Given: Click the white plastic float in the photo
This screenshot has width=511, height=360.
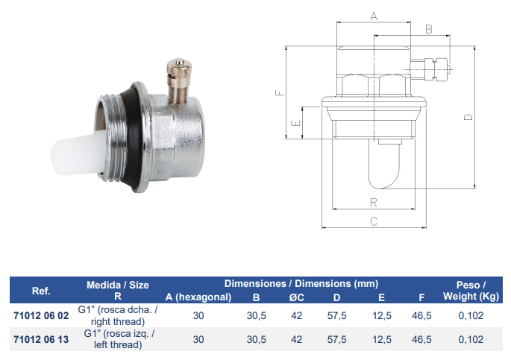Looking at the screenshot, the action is pyautogui.click(x=77, y=152).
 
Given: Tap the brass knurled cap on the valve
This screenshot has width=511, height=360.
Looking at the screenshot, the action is pyautogui.click(x=178, y=68).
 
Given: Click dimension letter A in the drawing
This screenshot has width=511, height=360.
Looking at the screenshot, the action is pyautogui.click(x=374, y=16).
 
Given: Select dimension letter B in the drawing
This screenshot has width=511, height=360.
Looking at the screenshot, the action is pyautogui.click(x=429, y=29).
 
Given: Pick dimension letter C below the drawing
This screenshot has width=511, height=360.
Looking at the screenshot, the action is pyautogui.click(x=374, y=221).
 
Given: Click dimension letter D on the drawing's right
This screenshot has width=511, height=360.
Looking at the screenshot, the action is pyautogui.click(x=468, y=117).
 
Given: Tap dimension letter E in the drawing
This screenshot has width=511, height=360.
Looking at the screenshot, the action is pyautogui.click(x=295, y=123).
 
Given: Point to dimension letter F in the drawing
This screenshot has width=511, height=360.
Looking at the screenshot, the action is pyautogui.click(x=280, y=92).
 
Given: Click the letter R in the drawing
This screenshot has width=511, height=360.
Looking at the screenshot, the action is pyautogui.click(x=374, y=203).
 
